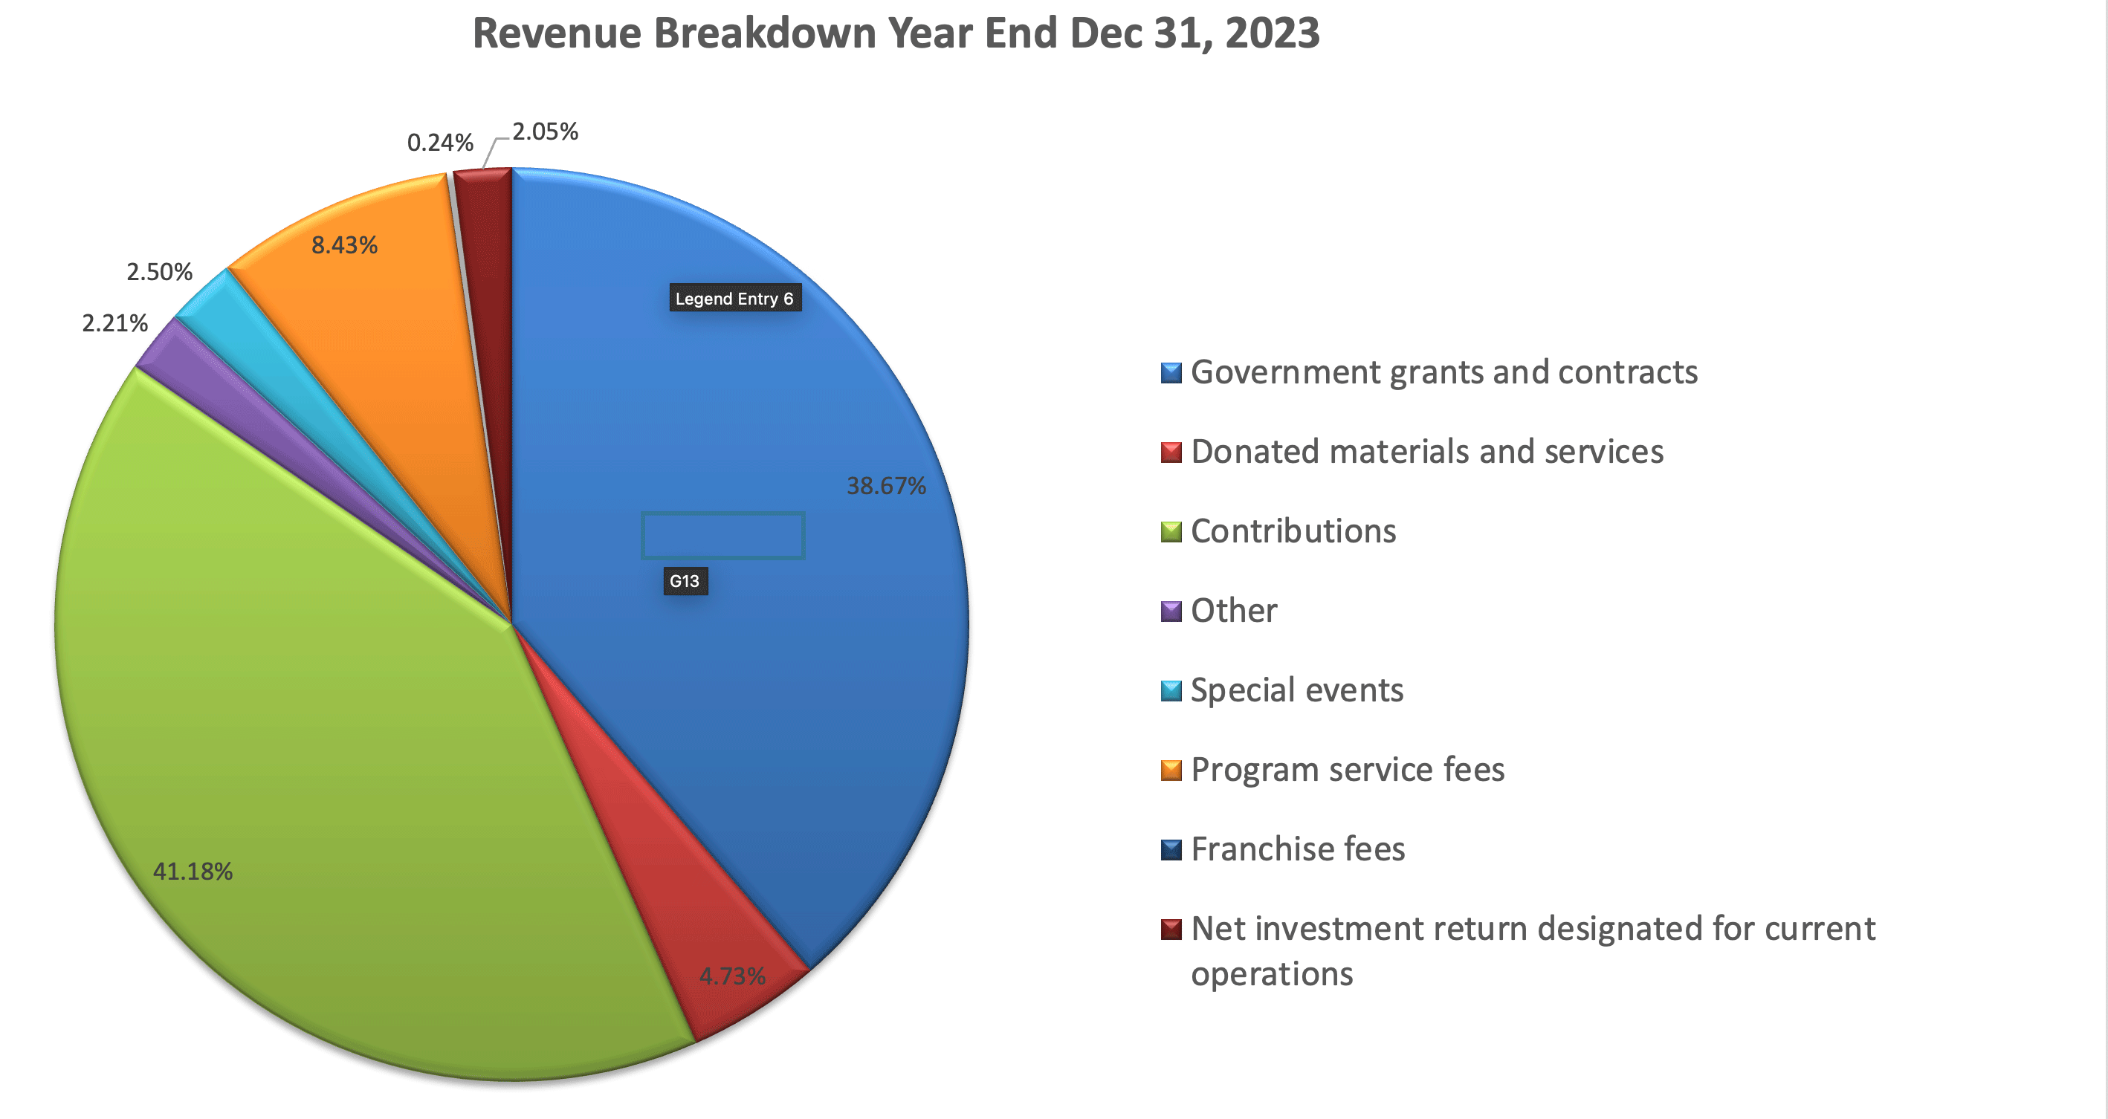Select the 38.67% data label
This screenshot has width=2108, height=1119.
pyautogui.click(x=885, y=486)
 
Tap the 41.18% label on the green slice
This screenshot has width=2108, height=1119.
pyautogui.click(x=193, y=871)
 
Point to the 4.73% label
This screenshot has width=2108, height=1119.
pyautogui.click(x=731, y=976)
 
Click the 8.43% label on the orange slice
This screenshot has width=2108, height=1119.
pyautogui.click(x=344, y=245)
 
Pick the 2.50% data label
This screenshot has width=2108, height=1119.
pyautogui.click(x=160, y=271)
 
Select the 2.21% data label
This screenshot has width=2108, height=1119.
pyautogui.click(x=115, y=323)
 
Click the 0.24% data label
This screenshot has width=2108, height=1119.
pyautogui.click(x=440, y=143)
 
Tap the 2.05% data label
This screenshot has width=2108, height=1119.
pyautogui.click(x=545, y=132)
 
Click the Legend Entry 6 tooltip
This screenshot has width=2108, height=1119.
pyautogui.click(x=734, y=299)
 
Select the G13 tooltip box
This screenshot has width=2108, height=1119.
pyautogui.click(x=684, y=582)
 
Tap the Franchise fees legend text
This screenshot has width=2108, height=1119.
pyautogui.click(x=1298, y=849)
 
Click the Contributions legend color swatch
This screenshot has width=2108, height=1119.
pyautogui.click(x=1171, y=532)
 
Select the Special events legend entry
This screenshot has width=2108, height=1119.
pyautogui.click(x=1297, y=690)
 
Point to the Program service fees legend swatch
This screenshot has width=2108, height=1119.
pyautogui.click(x=1171, y=771)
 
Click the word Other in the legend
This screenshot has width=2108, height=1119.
pyautogui.click(x=1233, y=611)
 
